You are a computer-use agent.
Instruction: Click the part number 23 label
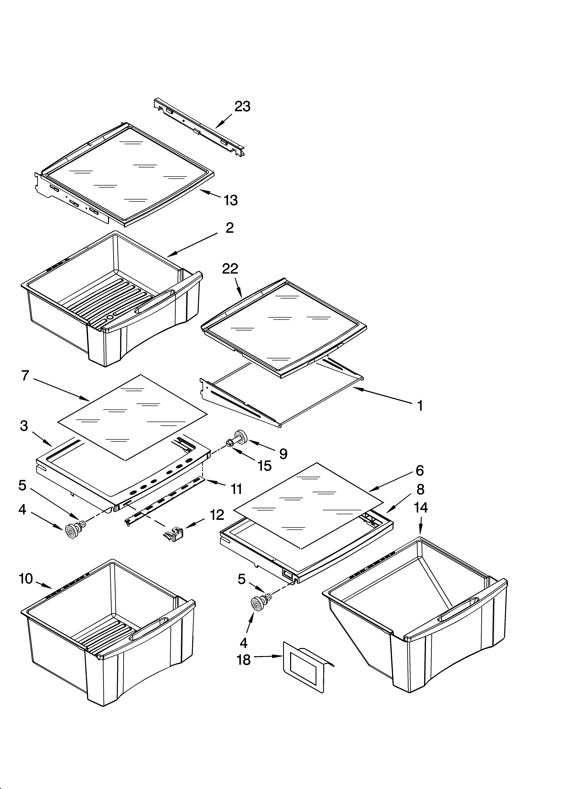[242, 106]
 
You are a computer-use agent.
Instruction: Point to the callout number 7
[25, 376]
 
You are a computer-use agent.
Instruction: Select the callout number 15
[264, 466]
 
